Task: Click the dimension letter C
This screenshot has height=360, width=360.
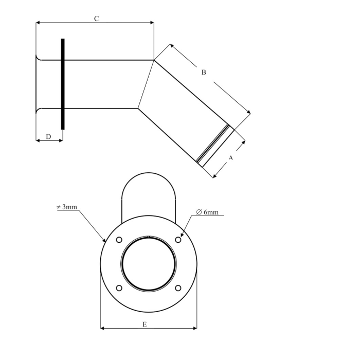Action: point(96,19)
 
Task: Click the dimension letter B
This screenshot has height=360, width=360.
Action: point(204,73)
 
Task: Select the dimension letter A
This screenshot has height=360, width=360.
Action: point(230,158)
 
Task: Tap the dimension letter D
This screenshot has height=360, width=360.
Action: point(48,136)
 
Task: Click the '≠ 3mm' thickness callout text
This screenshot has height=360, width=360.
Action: point(66,207)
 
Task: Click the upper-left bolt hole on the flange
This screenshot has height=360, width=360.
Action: point(119,240)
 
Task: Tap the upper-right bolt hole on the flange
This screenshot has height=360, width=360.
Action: point(178,240)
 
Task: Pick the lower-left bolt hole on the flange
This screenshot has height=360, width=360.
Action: point(119,288)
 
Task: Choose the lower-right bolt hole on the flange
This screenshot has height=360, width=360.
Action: point(178,288)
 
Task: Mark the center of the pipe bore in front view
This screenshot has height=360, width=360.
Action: point(149,263)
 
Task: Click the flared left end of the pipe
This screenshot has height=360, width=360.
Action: point(38,84)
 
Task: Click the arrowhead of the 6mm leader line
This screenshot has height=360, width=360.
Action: point(182,235)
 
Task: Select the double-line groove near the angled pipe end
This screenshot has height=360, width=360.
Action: point(213,145)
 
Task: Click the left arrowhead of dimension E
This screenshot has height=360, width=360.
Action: point(102,328)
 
